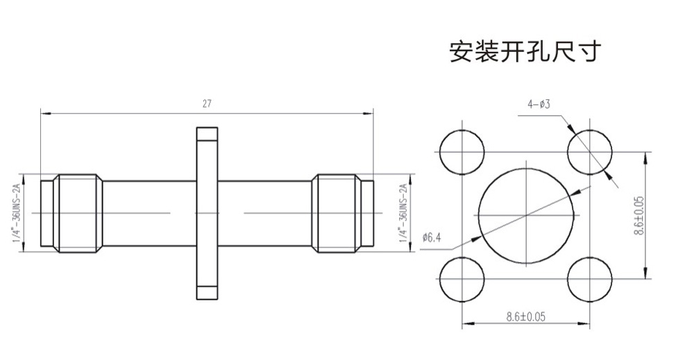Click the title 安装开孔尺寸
coord(525,51)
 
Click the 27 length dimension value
coord(207,104)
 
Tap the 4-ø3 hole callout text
coord(539,104)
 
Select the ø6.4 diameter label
coord(432,237)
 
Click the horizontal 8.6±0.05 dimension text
coord(526,317)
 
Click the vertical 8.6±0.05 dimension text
coord(639,216)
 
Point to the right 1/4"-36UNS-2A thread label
coord(403,213)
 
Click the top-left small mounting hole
coord(462,152)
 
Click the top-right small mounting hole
coord(589,152)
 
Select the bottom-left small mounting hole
coord(462,280)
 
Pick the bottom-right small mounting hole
coord(589,280)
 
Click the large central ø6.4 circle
coord(526,216)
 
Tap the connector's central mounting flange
coord(207,213)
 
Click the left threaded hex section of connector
coord(78,214)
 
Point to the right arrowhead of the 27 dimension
coord(369,114)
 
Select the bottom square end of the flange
coord(207,293)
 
